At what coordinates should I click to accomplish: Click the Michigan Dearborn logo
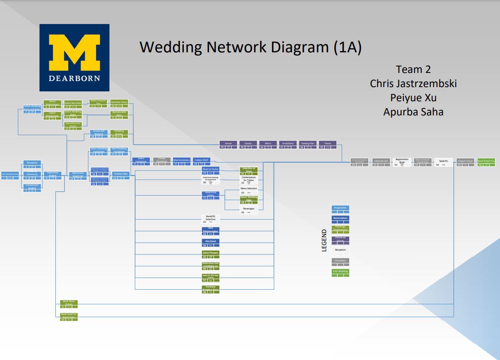(74, 57)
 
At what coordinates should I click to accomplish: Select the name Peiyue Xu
(413, 97)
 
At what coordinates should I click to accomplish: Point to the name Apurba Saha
(413, 112)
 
